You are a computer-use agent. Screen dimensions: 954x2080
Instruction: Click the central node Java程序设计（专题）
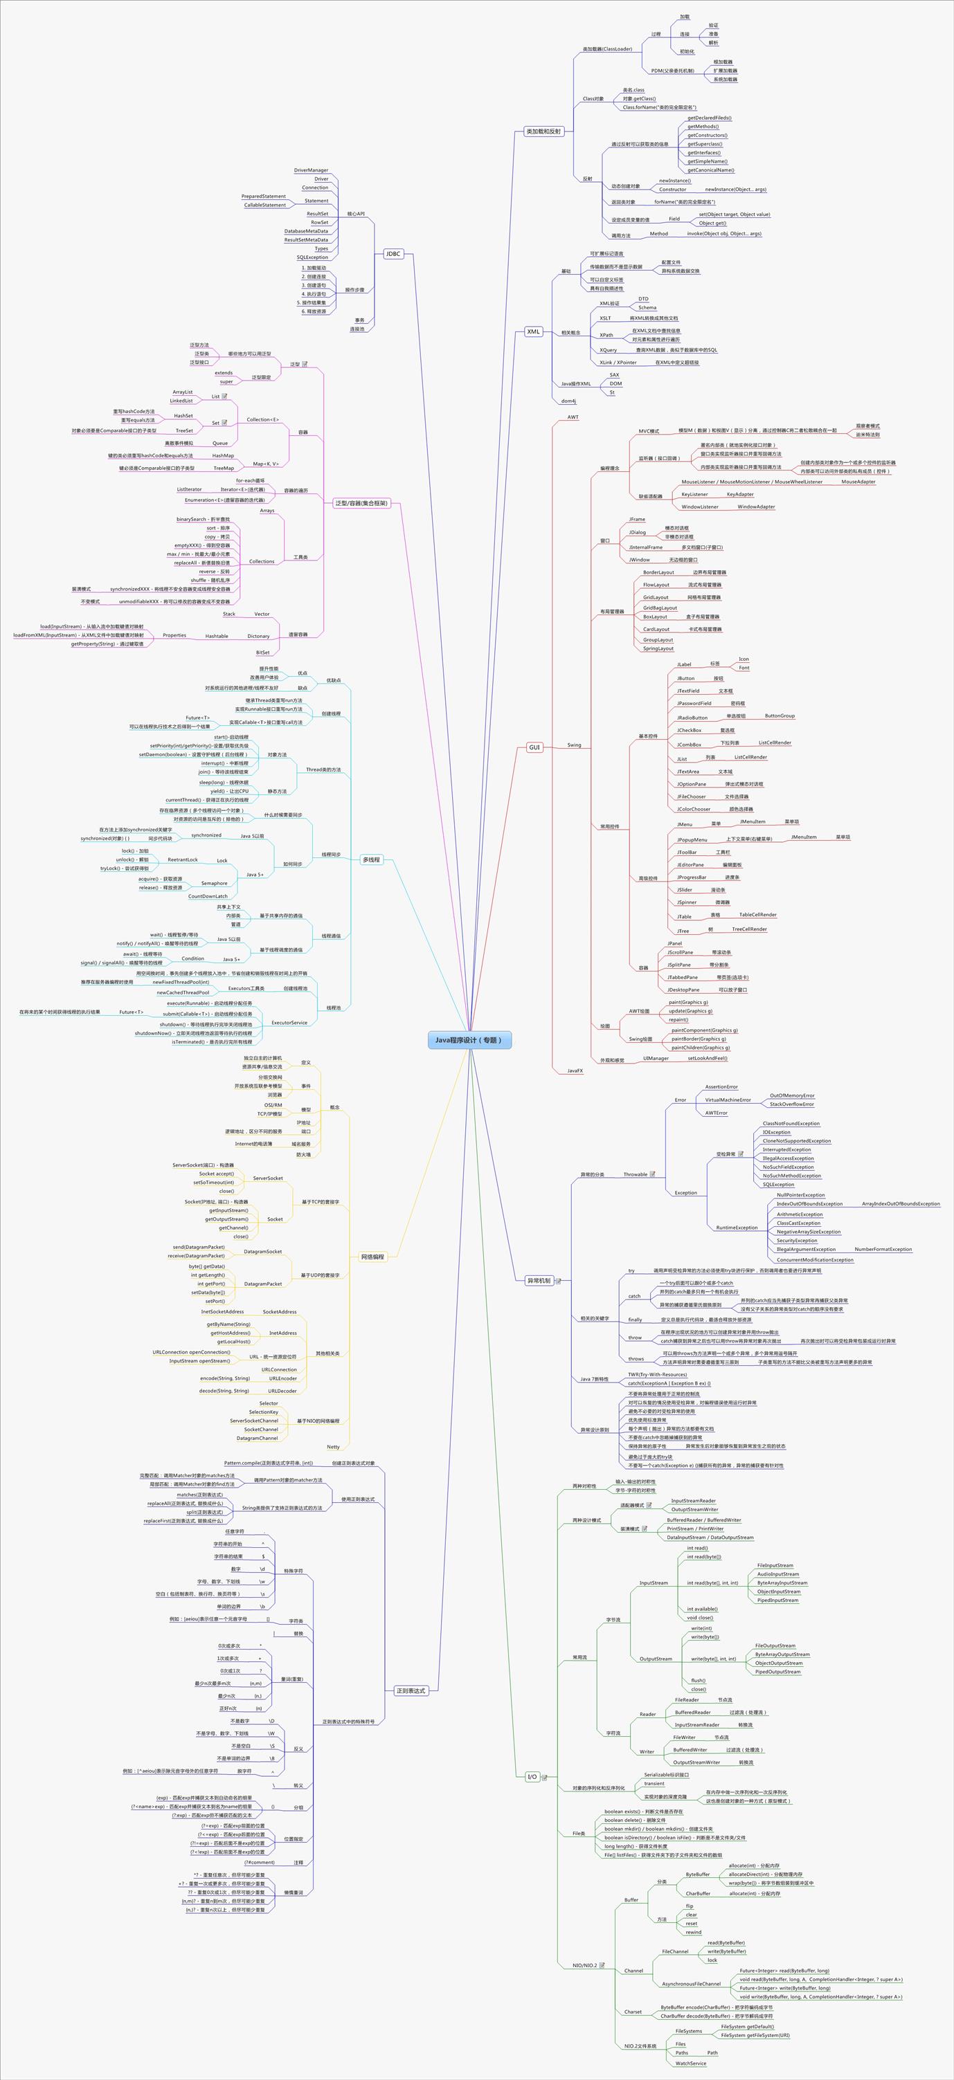[469, 1040]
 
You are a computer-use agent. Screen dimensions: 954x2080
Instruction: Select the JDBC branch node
[393, 253]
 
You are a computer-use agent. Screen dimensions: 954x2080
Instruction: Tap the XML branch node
[533, 331]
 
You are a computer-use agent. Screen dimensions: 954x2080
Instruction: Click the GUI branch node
[534, 747]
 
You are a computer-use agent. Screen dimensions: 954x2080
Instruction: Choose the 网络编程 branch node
[372, 1257]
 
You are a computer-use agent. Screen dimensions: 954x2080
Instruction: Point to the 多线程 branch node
[372, 859]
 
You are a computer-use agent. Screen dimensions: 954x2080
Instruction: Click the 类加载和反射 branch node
[543, 131]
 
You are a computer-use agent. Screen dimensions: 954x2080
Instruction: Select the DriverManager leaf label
[311, 170]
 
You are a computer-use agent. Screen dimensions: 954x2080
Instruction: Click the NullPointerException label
[800, 1194]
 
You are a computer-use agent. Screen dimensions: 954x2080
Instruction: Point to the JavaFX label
[575, 1070]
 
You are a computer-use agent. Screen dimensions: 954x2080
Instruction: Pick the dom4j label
[568, 401]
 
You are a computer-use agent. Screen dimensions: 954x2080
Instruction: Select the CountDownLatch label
[208, 895]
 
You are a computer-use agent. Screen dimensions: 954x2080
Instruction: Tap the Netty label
[333, 1446]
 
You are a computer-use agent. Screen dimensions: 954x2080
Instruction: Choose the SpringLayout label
[658, 648]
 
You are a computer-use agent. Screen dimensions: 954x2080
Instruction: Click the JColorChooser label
[693, 808]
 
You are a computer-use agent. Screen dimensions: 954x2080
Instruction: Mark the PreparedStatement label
[263, 197]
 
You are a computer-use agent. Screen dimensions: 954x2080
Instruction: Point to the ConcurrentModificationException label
[814, 1259]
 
